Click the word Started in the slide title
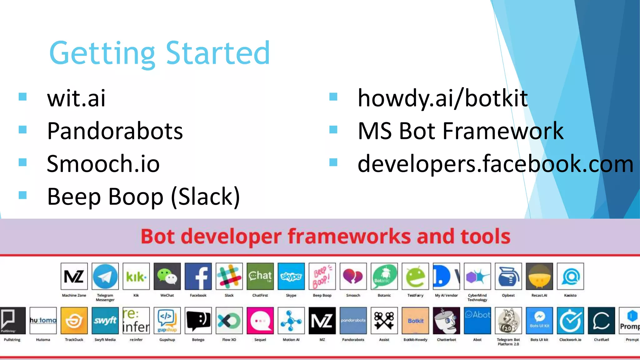click(218, 53)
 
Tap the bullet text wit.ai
click(76, 98)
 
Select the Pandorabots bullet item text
click(115, 131)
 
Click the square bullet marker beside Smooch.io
click(22, 162)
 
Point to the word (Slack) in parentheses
click(206, 197)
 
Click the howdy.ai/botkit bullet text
click(442, 98)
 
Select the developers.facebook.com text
click(495, 164)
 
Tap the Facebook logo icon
click(198, 276)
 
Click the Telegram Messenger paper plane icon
click(105, 276)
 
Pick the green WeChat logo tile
click(167, 276)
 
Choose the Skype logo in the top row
click(291, 276)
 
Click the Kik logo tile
click(136, 276)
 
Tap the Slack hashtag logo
click(229, 276)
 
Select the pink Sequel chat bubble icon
click(260, 321)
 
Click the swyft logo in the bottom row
click(105, 321)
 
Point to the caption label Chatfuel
click(601, 340)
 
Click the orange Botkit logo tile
click(415, 321)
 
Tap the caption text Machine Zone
click(74, 295)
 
